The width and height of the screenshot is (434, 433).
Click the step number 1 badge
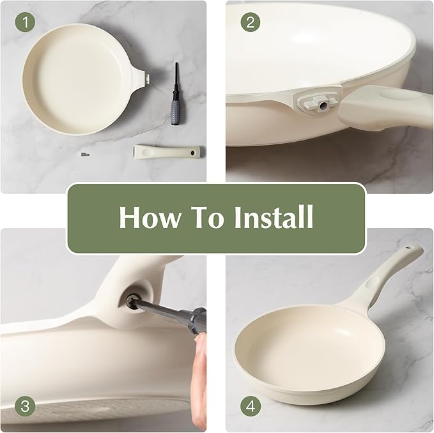click(x=26, y=23)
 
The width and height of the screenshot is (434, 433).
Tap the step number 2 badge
click(x=251, y=22)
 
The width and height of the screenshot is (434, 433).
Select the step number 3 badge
click(x=26, y=405)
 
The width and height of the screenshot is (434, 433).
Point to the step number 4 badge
click(x=251, y=405)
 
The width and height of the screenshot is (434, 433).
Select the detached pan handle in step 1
click(x=166, y=152)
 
